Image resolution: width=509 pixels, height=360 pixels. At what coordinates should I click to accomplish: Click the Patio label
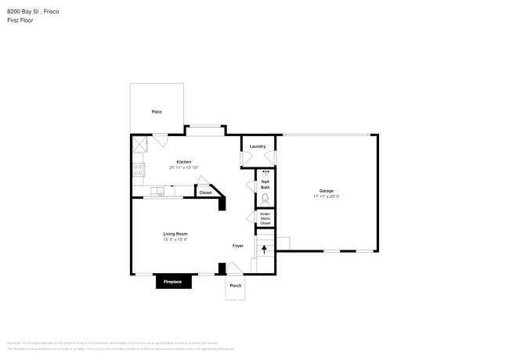pos(157,113)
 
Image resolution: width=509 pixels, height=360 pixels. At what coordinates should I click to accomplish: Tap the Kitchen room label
pos(183,162)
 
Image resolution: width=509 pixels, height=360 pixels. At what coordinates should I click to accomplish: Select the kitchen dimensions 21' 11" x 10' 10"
pos(183,167)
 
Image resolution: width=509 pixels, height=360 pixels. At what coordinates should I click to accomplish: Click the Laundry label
pos(258,146)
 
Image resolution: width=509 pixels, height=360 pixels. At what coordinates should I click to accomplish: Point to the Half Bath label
pos(265,185)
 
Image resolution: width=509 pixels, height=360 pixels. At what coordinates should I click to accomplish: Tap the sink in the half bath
pos(265,174)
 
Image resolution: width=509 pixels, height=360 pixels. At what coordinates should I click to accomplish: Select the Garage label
pos(327,191)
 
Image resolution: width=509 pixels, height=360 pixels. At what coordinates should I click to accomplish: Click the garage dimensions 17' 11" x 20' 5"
pos(327,196)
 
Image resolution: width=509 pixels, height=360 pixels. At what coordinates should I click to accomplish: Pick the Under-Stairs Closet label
pos(265,218)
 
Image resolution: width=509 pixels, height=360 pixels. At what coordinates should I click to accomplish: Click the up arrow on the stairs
pos(264,250)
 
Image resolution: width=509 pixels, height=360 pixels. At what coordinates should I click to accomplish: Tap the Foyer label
pos(238,246)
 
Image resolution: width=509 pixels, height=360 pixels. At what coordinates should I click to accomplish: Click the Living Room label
pos(175,234)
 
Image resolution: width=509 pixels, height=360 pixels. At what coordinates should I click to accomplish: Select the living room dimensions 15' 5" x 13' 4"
pos(175,239)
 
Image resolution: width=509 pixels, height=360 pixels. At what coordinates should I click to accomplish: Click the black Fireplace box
pos(173,282)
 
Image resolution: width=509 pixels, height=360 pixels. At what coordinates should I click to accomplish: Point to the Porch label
pos(236,286)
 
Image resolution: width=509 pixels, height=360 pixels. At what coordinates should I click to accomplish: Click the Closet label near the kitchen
pos(205,193)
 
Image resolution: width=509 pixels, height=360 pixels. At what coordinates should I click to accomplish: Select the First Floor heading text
pos(20,20)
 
